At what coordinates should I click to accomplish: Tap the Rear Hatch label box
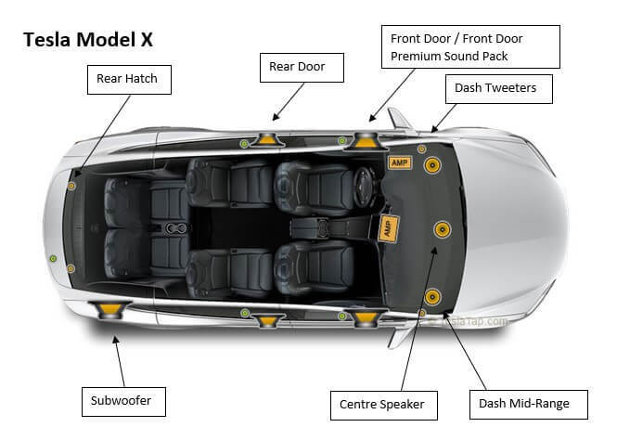click(x=127, y=79)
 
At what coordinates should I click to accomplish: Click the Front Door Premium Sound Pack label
click(x=470, y=47)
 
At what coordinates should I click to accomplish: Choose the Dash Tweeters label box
click(x=502, y=89)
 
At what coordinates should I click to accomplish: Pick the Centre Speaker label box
click(x=381, y=405)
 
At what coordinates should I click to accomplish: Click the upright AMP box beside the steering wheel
click(x=399, y=162)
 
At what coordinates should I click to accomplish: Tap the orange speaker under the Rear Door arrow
click(x=268, y=140)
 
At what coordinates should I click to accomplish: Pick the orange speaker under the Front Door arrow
click(x=365, y=141)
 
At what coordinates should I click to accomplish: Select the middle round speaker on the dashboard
click(x=440, y=229)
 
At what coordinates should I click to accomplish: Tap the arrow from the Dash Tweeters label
click(x=445, y=116)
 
